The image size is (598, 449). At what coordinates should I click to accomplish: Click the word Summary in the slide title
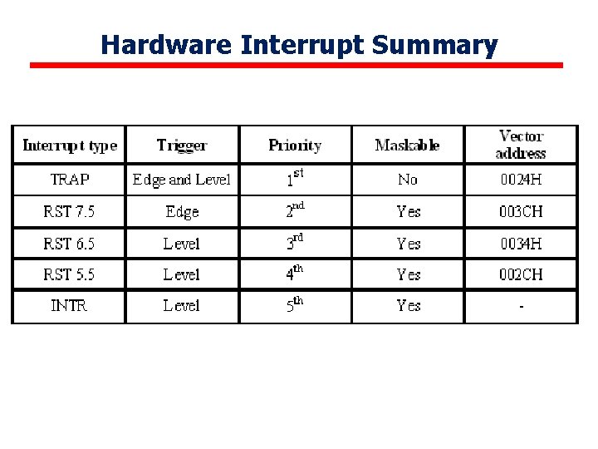[x=434, y=44]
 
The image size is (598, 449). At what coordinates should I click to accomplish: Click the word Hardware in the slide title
[x=166, y=44]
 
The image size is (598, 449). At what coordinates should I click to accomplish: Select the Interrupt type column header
[x=70, y=146]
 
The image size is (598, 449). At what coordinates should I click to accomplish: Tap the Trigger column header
[x=182, y=146]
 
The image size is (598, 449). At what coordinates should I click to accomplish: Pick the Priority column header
[x=295, y=146]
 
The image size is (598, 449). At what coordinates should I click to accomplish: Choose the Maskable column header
[x=408, y=146]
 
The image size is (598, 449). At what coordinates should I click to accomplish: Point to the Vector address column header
[x=521, y=145]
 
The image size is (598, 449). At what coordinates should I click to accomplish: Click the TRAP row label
[x=70, y=180]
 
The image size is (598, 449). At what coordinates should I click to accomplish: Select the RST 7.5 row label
[x=69, y=212]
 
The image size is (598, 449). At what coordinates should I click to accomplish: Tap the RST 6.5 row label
[x=69, y=244]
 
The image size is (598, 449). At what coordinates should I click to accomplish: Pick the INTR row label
[x=69, y=306]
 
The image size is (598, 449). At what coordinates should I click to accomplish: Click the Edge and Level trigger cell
[x=182, y=180]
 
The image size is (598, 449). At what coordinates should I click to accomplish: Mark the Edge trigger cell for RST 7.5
[x=182, y=212]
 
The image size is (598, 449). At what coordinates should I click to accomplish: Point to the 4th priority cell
[x=295, y=273]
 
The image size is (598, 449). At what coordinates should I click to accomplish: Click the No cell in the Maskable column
[x=408, y=180]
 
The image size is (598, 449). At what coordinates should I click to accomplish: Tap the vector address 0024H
[x=521, y=180]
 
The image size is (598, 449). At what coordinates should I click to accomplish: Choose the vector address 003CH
[x=521, y=212]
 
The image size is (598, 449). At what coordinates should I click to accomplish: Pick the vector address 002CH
[x=521, y=274]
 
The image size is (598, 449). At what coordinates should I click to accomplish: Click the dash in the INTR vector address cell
[x=521, y=307]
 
